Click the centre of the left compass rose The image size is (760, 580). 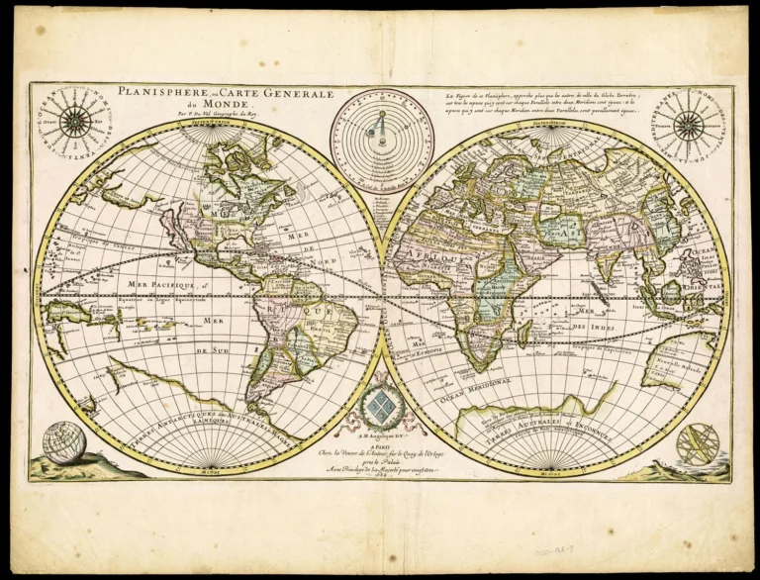(x=75, y=122)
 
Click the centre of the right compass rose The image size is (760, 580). (x=689, y=125)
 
